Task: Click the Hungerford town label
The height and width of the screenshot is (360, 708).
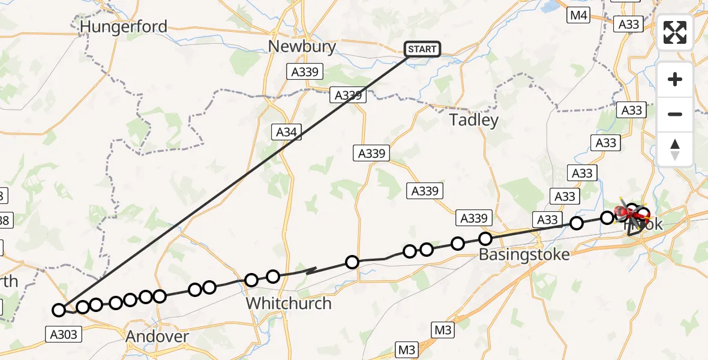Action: (x=123, y=26)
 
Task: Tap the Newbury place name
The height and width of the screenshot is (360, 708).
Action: (x=302, y=47)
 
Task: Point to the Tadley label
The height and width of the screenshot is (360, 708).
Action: (x=474, y=120)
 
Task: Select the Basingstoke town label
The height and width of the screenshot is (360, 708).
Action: (x=524, y=254)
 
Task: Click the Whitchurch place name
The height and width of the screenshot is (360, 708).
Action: (x=289, y=303)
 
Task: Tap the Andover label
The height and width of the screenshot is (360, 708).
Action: (x=157, y=337)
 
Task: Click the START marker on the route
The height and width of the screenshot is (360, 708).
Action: (x=422, y=49)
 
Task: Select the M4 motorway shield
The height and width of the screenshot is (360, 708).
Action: (x=578, y=16)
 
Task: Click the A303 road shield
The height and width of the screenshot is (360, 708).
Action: (x=63, y=334)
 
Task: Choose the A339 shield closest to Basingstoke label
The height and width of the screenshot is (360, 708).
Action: (x=474, y=218)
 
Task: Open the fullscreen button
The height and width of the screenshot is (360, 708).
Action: (x=675, y=32)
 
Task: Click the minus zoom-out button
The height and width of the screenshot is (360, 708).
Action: (x=675, y=114)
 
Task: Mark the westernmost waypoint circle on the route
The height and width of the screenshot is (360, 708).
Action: (x=58, y=310)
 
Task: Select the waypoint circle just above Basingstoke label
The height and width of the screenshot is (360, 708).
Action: (x=485, y=239)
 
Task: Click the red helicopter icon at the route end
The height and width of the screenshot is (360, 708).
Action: (x=622, y=211)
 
